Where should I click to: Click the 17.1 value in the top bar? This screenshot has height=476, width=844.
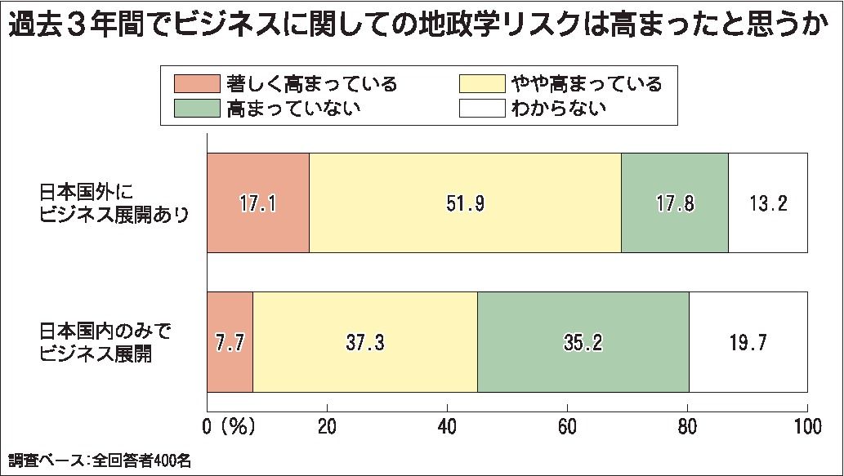click(x=259, y=203)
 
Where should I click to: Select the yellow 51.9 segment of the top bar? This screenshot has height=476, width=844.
click(x=465, y=203)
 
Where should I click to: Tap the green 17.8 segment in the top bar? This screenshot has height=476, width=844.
click(x=675, y=203)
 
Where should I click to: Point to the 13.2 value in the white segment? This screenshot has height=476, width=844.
click(x=767, y=203)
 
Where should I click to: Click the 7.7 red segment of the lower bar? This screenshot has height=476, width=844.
click(x=230, y=341)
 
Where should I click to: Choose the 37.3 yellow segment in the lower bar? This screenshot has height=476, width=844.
click(x=365, y=341)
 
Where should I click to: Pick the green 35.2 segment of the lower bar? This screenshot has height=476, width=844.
click(x=583, y=341)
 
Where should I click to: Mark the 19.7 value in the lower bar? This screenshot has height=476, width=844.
click(x=747, y=341)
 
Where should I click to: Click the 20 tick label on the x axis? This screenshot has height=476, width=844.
click(x=327, y=426)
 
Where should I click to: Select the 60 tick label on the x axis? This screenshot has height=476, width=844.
click(x=567, y=426)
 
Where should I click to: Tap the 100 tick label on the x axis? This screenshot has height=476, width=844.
click(x=806, y=426)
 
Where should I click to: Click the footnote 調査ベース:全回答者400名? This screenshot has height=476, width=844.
click(x=100, y=460)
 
